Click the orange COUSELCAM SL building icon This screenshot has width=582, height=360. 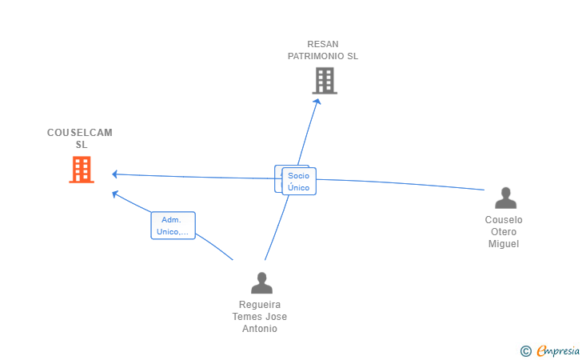[x=82, y=170]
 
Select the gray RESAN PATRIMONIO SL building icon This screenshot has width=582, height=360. [x=325, y=81]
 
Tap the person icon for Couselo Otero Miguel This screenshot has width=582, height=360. [x=505, y=198]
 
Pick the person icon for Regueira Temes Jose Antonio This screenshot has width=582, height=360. [x=261, y=282]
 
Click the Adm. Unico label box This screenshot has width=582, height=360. [x=173, y=226]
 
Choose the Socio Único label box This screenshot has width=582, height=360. [x=298, y=181]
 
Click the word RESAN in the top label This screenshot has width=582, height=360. [x=323, y=44]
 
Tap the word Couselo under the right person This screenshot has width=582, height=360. [x=504, y=220]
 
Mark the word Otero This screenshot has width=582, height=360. [x=504, y=232]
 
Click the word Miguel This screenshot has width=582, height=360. [x=504, y=244]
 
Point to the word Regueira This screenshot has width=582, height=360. [x=260, y=305]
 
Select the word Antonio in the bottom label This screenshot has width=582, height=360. [x=260, y=329]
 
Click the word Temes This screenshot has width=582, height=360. [x=247, y=317]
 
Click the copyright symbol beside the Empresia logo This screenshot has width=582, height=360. [x=525, y=350]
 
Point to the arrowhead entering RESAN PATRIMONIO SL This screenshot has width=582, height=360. [x=317, y=100]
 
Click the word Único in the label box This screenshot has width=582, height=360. [x=298, y=187]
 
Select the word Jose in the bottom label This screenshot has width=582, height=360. [x=276, y=317]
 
